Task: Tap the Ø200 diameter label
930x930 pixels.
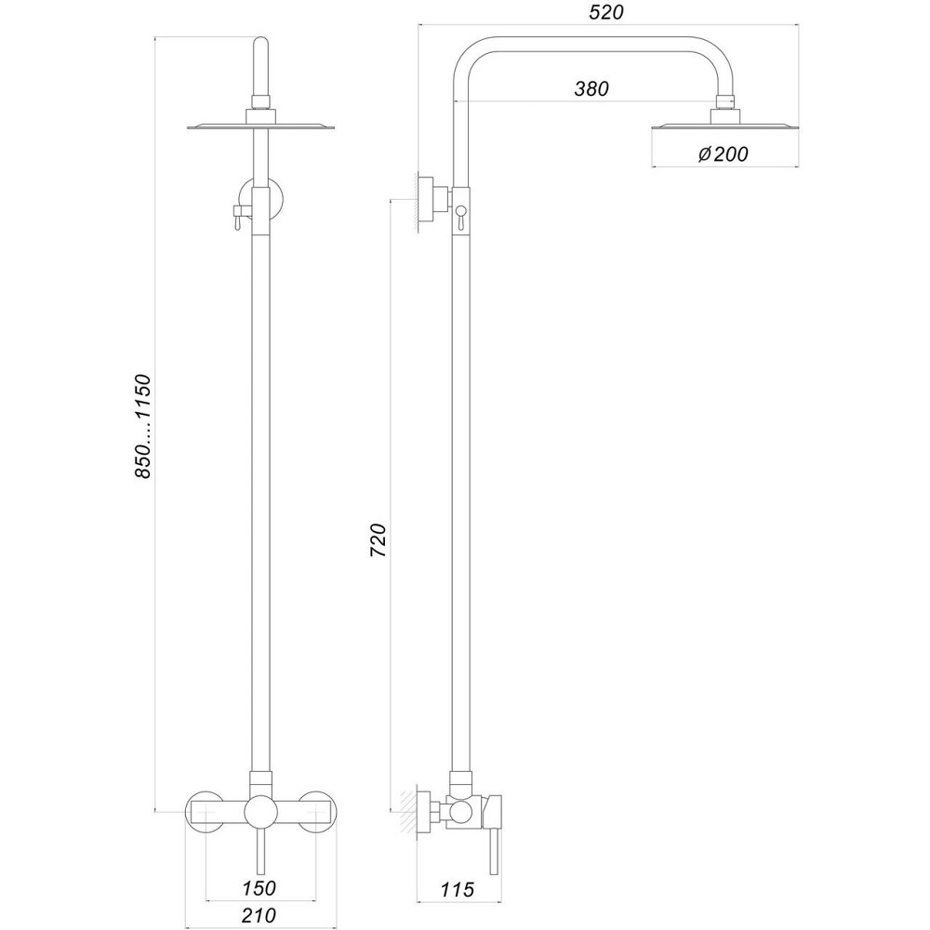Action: (722, 154)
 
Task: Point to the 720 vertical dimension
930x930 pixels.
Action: (378, 540)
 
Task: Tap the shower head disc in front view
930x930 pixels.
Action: (261, 127)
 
